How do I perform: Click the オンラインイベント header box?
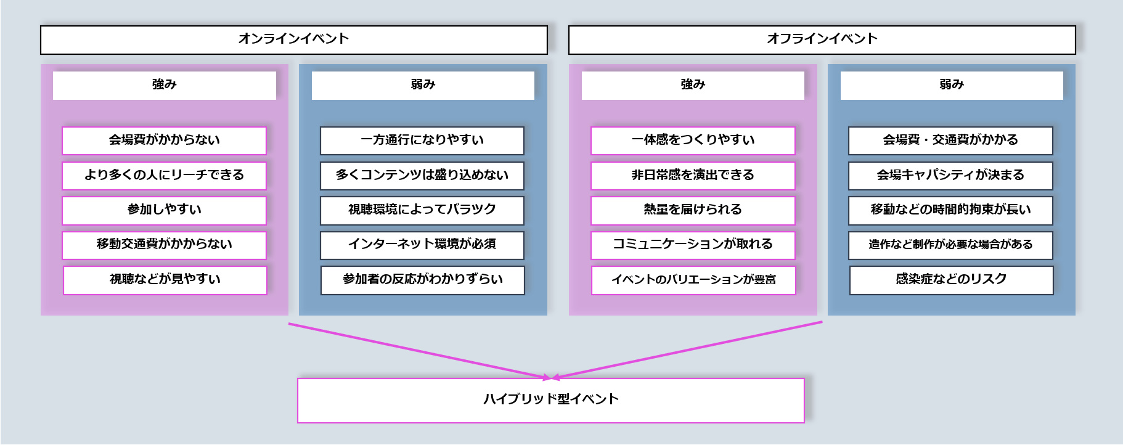click(293, 39)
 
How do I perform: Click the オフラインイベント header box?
click(822, 39)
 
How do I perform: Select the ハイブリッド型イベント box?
click(550, 400)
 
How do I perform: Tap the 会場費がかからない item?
click(164, 141)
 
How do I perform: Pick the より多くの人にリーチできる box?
click(164, 176)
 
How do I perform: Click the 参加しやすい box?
click(164, 210)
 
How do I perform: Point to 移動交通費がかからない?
click(164, 245)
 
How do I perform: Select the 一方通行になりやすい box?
click(422, 141)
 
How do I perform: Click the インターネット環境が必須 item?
click(422, 245)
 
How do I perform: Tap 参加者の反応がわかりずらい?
click(422, 280)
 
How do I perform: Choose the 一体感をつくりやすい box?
click(693, 141)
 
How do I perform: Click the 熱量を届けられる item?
click(693, 210)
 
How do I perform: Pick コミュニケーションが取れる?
click(693, 245)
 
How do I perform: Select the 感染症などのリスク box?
click(951, 280)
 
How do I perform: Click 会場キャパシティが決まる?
click(950, 176)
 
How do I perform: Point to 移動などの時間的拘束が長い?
click(950, 210)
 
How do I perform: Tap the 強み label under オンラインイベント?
click(164, 85)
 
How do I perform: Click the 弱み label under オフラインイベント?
click(951, 85)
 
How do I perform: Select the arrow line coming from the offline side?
click(687, 349)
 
